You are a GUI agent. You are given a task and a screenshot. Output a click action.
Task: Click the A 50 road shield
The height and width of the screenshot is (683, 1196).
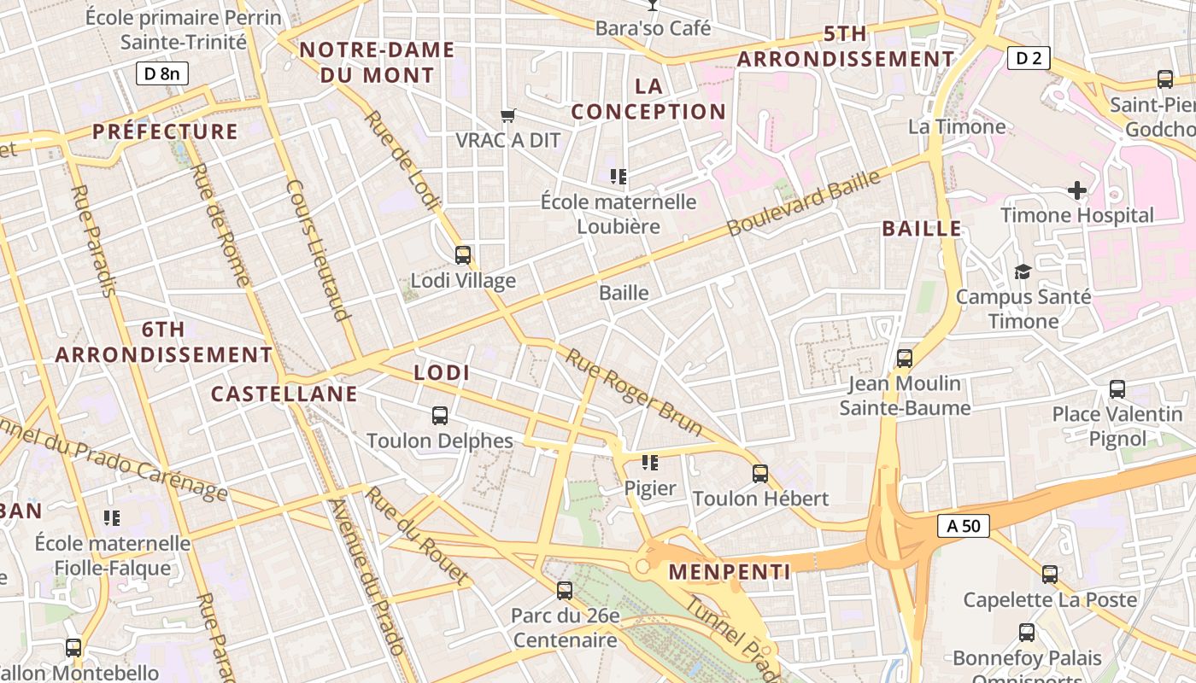(964, 526)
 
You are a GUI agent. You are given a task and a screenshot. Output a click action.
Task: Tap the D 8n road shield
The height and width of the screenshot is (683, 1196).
(161, 73)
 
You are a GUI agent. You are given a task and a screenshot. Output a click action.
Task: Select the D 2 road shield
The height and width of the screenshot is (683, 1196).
(1029, 58)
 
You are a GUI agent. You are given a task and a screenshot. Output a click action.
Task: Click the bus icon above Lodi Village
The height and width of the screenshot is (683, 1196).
(463, 254)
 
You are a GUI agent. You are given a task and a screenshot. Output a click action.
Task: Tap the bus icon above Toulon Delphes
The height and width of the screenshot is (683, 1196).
(440, 416)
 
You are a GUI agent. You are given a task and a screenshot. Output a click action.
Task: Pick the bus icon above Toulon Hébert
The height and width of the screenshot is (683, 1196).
(760, 473)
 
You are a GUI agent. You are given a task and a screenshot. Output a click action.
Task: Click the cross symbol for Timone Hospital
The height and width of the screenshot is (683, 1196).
(1077, 190)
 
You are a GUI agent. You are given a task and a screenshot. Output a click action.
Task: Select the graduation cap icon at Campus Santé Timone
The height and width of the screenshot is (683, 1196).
(1023, 271)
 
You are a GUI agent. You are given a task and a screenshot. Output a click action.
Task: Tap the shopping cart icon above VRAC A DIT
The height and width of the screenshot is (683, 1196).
(508, 115)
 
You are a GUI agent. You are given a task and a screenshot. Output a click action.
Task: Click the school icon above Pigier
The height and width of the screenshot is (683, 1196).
(650, 463)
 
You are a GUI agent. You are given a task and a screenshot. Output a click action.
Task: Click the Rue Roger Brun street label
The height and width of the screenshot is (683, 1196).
(633, 393)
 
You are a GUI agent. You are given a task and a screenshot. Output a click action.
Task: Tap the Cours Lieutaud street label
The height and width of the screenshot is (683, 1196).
(319, 250)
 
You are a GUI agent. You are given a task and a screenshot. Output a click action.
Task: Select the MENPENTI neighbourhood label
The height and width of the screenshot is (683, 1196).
(730, 572)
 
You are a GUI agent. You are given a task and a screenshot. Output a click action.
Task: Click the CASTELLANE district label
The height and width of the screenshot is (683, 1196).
(284, 394)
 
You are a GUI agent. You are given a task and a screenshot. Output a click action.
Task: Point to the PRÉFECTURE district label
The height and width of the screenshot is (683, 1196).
(165, 131)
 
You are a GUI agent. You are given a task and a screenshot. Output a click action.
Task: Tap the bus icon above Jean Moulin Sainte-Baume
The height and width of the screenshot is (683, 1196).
(905, 359)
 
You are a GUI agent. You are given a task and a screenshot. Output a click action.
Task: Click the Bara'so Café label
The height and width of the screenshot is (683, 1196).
(653, 28)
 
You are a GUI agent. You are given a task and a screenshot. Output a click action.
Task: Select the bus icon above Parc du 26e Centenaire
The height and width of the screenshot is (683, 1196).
(565, 590)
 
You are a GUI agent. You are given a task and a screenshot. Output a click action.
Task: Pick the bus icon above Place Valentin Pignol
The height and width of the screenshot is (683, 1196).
(1117, 389)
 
